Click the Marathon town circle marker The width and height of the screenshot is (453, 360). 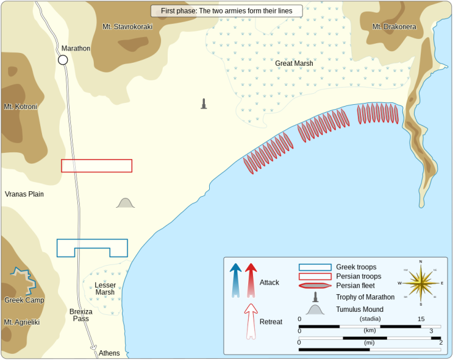[63, 60]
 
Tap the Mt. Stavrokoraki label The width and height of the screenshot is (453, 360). [127, 27]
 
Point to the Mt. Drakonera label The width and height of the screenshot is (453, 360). [394, 27]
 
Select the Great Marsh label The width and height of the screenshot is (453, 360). [294, 63]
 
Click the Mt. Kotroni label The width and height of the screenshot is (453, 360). [21, 107]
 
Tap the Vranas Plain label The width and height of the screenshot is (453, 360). [24, 194]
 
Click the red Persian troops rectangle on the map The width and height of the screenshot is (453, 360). [96, 166]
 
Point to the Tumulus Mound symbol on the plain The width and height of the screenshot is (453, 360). [126, 203]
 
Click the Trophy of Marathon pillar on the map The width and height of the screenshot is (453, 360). [204, 104]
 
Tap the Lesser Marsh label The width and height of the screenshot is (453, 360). [105, 289]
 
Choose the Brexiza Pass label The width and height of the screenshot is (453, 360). [81, 315]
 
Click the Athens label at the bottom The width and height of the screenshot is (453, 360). [109, 353]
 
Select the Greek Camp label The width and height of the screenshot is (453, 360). [24, 300]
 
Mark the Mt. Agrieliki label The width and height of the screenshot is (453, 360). [22, 322]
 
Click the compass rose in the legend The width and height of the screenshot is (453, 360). [421, 283]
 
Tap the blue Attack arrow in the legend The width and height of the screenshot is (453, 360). [235, 280]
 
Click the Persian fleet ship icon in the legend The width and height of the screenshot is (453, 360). [315, 285]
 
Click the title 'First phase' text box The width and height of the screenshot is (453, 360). [226, 11]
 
